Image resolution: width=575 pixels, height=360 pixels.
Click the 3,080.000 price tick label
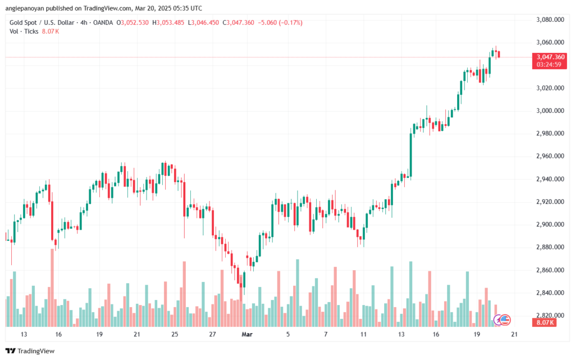click(x=550, y=20)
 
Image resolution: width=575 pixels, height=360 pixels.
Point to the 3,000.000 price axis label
click(x=550, y=111)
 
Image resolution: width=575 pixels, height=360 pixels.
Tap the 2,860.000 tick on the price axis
click(x=550, y=270)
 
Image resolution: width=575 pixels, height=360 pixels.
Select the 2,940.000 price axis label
click(x=550, y=179)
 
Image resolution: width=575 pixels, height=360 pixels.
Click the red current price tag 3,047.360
click(x=550, y=57)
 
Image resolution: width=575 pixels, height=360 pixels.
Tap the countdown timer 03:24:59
click(x=549, y=65)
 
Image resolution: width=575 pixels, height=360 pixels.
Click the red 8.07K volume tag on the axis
click(x=544, y=322)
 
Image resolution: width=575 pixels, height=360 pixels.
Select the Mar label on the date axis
click(x=247, y=334)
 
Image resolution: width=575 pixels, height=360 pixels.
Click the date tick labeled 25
click(x=175, y=334)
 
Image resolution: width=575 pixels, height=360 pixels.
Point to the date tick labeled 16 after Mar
click(x=436, y=334)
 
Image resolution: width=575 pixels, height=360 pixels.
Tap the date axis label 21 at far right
click(x=514, y=334)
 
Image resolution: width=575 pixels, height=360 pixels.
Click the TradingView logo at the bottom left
click(x=30, y=351)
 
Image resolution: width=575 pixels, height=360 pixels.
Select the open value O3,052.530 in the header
click(x=133, y=22)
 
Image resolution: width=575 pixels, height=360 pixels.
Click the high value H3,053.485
click(x=168, y=22)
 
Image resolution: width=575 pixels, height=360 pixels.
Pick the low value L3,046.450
click(x=203, y=22)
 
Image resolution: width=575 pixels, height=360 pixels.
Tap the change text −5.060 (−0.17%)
click(x=280, y=22)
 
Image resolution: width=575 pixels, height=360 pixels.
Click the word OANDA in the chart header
click(x=103, y=22)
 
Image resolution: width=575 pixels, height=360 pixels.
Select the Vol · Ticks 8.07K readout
click(x=34, y=31)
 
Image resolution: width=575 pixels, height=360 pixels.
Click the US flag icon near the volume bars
click(x=505, y=320)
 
